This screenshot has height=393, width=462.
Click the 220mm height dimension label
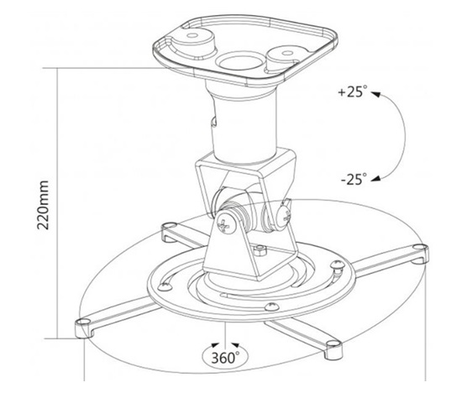click(43, 205)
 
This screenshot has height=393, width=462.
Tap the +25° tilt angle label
click(353, 92)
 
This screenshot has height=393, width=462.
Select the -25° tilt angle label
click(354, 179)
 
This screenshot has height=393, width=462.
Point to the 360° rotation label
click(225, 358)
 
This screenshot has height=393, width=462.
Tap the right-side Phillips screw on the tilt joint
click(284, 217)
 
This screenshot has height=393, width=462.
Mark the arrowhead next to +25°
click(375, 94)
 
